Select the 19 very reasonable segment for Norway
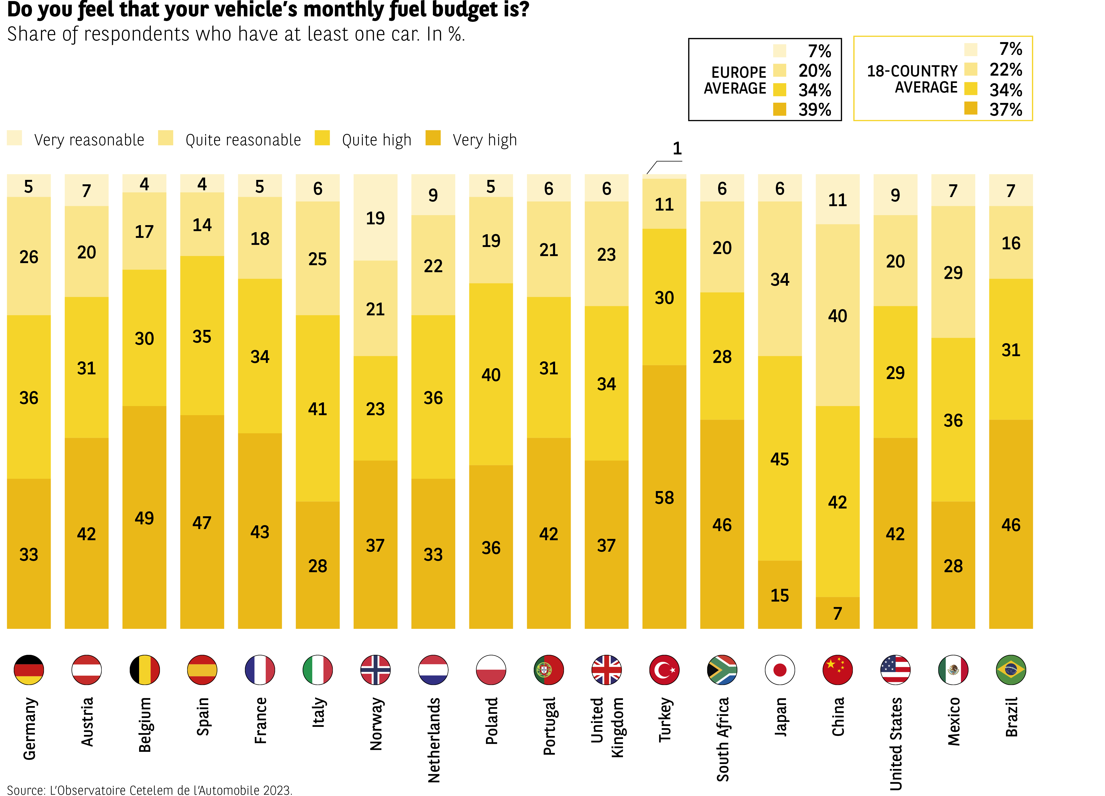(x=375, y=218)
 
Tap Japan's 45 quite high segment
(x=779, y=458)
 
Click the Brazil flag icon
(x=1011, y=670)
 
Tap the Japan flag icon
(x=779, y=670)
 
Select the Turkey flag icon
(x=664, y=670)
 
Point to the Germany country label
(x=29, y=728)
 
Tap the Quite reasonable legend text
(x=243, y=140)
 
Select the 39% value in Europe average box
(x=815, y=110)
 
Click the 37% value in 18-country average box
(x=1006, y=110)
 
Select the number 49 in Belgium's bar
(x=144, y=517)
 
